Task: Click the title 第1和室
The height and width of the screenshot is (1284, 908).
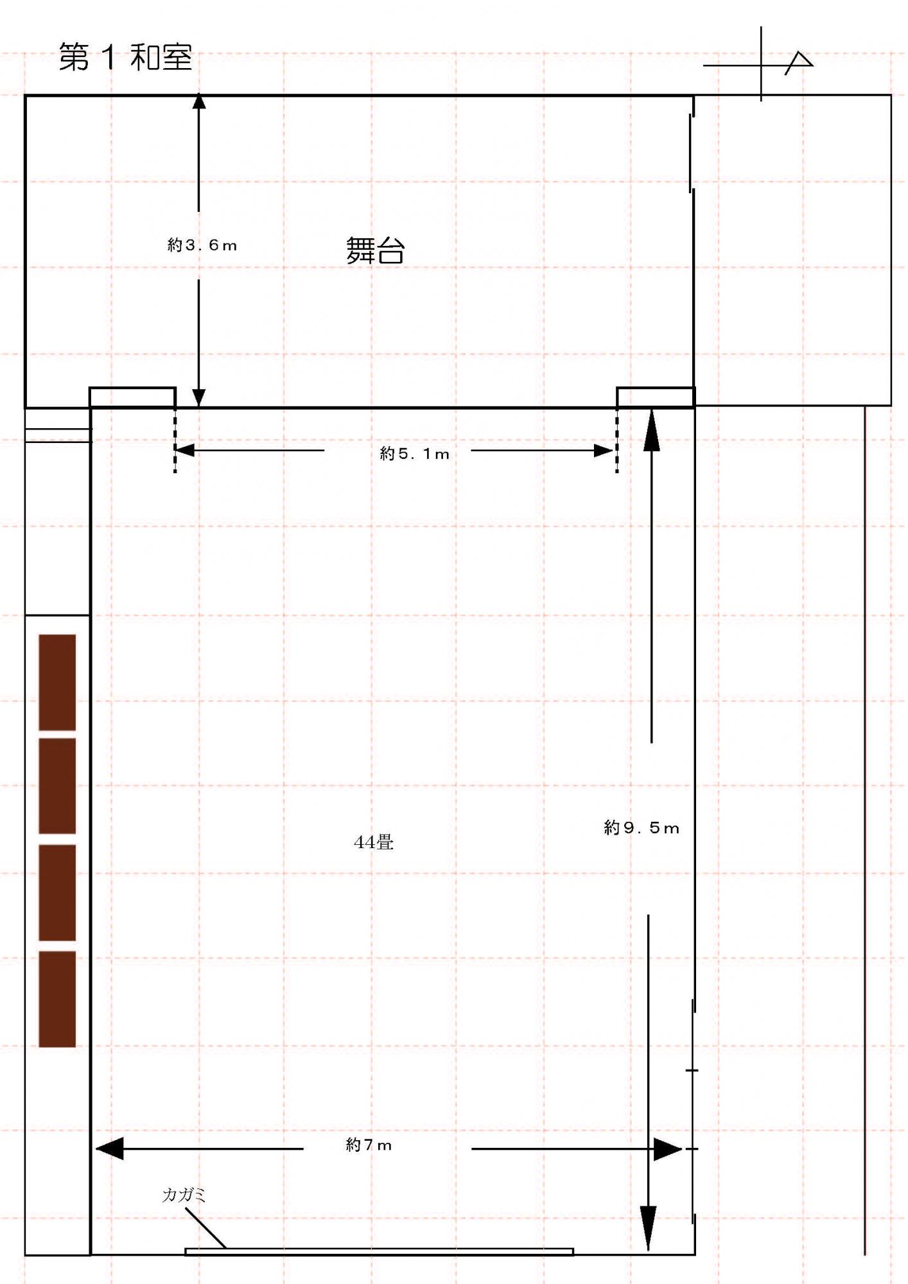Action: point(126,57)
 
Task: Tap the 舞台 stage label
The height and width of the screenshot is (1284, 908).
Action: point(376,250)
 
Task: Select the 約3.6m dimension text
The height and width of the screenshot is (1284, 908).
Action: point(202,245)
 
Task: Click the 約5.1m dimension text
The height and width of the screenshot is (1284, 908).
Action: point(414,454)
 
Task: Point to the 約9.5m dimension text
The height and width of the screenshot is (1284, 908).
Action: point(642,828)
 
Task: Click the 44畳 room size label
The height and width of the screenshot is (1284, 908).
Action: point(374,842)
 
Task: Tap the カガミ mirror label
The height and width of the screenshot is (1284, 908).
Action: point(184,1195)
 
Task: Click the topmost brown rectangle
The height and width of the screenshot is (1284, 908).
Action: point(57,682)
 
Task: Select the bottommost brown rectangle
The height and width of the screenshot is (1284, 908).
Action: point(57,999)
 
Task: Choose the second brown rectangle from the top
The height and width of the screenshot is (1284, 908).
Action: point(57,786)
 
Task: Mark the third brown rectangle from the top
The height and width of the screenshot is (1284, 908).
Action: point(57,892)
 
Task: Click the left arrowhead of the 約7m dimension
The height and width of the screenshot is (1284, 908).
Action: point(109,1149)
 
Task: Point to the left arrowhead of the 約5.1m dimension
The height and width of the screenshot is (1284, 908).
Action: point(185,451)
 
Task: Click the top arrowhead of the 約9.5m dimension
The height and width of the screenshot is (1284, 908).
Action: point(652,429)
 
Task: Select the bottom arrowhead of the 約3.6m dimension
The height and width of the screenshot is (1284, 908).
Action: point(199,397)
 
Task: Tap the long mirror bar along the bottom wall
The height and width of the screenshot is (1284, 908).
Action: point(379,1251)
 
